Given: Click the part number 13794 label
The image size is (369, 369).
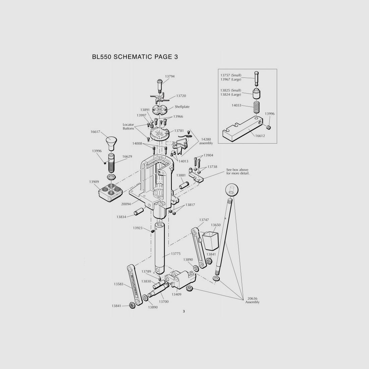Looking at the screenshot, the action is pyautogui.click(x=170, y=76).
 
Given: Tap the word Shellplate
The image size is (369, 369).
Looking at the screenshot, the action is pyautogui.click(x=182, y=107).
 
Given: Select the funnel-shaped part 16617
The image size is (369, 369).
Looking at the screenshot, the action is pyautogui.click(x=111, y=144).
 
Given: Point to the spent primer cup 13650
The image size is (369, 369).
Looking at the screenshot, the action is pyautogui.click(x=210, y=241).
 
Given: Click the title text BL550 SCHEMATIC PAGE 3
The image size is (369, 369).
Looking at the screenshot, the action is pyautogui.click(x=135, y=57).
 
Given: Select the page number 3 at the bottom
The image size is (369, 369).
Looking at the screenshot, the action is pyautogui.click(x=184, y=312).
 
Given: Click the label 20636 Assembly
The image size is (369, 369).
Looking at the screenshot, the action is pyautogui.click(x=252, y=300).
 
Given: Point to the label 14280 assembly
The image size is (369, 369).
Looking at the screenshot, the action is pyautogui.click(x=206, y=141).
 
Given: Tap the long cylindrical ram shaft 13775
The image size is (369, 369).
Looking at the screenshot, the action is pyautogui.click(x=160, y=248).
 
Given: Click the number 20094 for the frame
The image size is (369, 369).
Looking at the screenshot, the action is pyautogui.click(x=126, y=204).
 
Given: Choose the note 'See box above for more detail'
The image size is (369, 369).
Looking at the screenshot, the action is pyautogui.click(x=238, y=171).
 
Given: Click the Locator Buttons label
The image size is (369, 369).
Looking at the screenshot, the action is pyautogui.click(x=128, y=126).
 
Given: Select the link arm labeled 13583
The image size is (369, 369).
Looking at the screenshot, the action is pyautogui.click(x=135, y=285).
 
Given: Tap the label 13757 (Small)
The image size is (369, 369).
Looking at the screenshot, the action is pyautogui.click(x=231, y=75).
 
